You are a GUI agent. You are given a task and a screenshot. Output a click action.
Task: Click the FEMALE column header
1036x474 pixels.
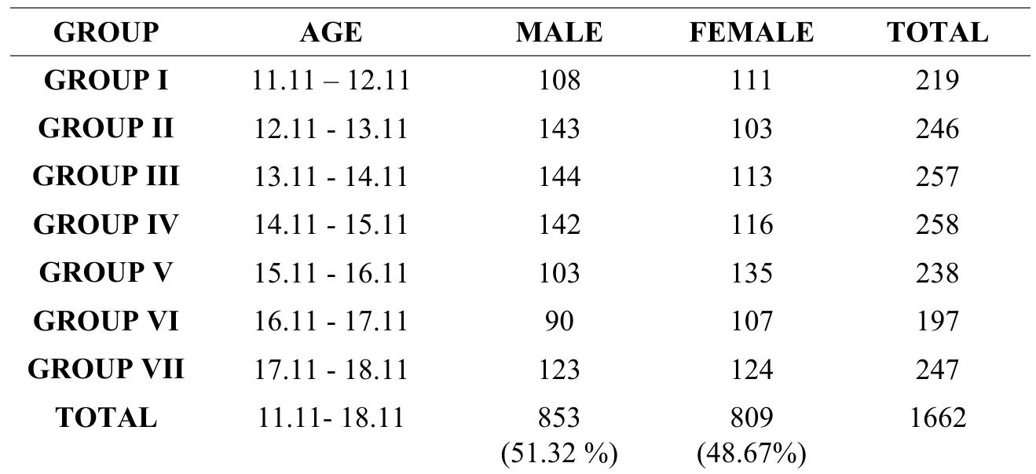[751, 32]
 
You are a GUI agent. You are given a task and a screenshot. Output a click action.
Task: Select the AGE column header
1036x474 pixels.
[331, 32]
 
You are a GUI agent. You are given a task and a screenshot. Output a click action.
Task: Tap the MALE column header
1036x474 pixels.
[559, 32]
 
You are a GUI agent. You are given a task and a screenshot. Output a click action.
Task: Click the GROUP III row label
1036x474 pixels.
[106, 177]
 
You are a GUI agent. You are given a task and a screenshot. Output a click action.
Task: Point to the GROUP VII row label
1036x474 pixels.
[106, 369]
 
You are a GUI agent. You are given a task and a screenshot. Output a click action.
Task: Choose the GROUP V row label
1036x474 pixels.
[106, 272]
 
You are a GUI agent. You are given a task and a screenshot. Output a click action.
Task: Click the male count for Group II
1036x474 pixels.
[559, 129]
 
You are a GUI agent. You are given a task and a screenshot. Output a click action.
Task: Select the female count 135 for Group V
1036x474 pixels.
[751, 272]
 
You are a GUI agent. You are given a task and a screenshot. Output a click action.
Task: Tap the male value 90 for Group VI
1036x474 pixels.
[559, 321]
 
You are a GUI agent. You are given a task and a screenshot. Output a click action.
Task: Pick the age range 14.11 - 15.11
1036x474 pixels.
[331, 224]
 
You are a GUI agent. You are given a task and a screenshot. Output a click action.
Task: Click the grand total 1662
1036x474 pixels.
[937, 417]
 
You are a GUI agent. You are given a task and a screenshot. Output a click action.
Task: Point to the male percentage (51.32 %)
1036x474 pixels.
[559, 453]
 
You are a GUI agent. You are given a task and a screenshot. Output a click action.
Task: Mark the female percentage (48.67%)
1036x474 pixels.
[751, 453]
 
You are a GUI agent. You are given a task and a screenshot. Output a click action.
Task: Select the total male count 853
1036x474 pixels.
[559, 417]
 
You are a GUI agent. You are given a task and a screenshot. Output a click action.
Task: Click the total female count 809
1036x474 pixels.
[751, 417]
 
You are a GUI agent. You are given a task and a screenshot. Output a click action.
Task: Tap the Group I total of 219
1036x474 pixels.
[937, 81]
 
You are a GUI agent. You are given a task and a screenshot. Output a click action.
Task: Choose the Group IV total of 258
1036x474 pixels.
[937, 224]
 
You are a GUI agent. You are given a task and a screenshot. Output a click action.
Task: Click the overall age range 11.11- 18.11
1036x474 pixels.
[331, 417]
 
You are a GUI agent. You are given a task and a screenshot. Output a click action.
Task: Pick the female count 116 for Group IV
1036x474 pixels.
[751, 224]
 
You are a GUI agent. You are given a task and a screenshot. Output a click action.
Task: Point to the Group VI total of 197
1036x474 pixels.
[937, 321]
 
